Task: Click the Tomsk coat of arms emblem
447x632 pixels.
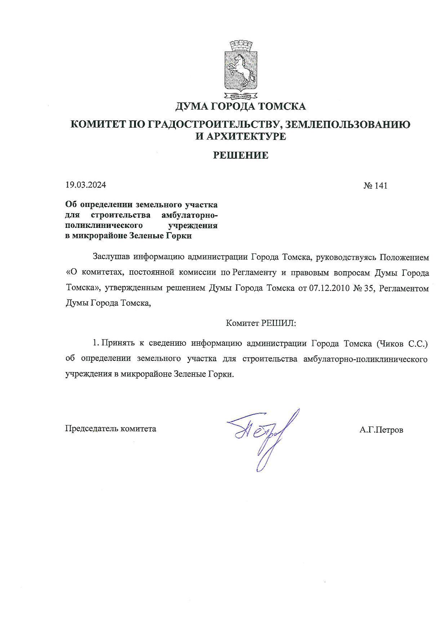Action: click(241, 70)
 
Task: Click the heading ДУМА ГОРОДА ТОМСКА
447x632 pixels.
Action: click(240, 106)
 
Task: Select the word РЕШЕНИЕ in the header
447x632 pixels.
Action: click(240, 155)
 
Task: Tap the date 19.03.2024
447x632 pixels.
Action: click(85, 185)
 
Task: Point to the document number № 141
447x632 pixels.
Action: click(375, 186)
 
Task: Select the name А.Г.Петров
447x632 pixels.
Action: click(381, 430)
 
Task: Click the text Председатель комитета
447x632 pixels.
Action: click(110, 429)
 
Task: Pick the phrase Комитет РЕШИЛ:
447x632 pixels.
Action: click(261, 323)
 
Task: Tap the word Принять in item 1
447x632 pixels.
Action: click(118, 344)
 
